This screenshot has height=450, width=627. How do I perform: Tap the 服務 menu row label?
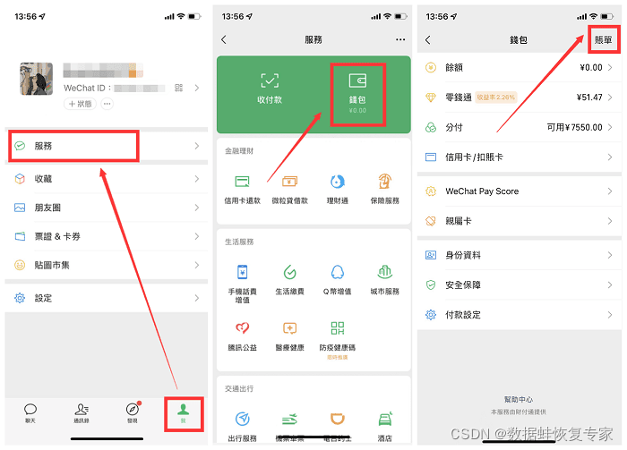point(43,146)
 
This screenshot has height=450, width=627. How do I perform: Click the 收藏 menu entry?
point(43,179)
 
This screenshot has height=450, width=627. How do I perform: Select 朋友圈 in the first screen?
point(47,208)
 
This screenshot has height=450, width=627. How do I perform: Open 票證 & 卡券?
point(57,236)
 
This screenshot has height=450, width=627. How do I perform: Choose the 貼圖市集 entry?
point(52,265)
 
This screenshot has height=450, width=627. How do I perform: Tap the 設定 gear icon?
point(20,298)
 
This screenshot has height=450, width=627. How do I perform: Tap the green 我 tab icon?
point(184,408)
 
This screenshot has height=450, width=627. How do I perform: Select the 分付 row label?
point(454,127)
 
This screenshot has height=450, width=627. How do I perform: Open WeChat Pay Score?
point(482,191)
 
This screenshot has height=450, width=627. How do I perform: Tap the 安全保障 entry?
point(463,285)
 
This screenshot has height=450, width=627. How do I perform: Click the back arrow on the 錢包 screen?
point(428,40)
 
